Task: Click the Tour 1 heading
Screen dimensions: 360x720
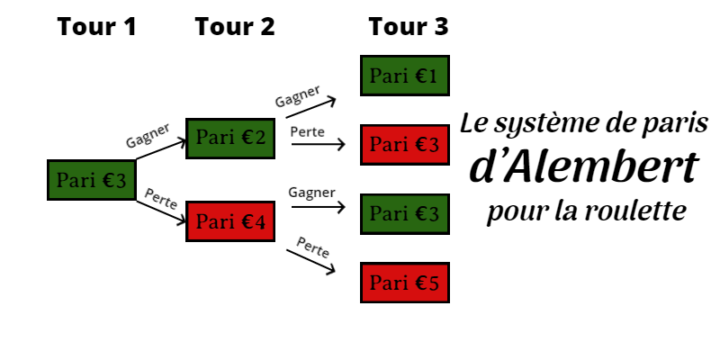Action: [x=97, y=27]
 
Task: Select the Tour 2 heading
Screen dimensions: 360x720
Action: [x=235, y=27]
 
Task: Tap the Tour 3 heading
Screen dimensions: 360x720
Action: [x=408, y=27]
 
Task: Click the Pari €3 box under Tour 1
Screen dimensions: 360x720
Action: [x=91, y=180]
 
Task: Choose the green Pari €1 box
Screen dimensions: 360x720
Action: [x=404, y=76]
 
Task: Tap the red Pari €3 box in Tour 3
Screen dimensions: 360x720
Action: [x=404, y=145]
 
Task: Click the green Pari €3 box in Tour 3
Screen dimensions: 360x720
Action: [x=404, y=213]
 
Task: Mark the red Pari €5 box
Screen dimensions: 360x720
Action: [x=404, y=283]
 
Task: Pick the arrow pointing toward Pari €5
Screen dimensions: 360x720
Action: [x=310, y=260]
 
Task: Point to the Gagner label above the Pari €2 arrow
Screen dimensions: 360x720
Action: [x=148, y=135]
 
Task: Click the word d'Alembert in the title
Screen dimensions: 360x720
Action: [x=584, y=167]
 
